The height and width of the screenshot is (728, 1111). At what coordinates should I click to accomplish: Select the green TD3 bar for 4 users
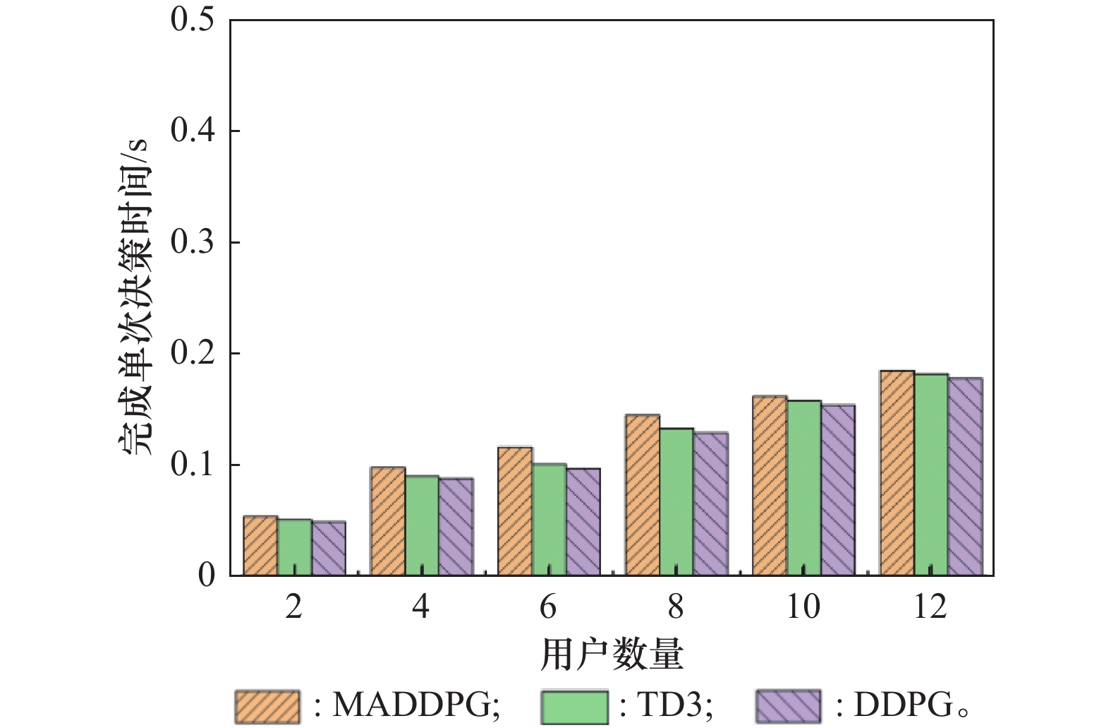tap(422, 526)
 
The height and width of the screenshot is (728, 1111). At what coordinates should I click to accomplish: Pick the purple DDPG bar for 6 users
tap(583, 522)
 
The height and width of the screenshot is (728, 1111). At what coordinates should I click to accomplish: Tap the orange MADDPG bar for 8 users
tap(643, 495)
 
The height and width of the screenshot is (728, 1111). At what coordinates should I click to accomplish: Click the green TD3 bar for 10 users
tap(804, 488)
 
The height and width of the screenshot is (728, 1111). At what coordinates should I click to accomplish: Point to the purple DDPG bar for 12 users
tap(966, 477)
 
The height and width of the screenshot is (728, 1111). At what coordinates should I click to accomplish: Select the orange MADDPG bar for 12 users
tap(897, 473)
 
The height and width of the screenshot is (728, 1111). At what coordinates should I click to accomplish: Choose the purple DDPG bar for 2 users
tap(329, 549)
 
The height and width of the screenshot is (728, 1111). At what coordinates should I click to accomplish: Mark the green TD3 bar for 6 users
tap(550, 520)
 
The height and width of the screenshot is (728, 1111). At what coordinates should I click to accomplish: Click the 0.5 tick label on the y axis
tap(192, 20)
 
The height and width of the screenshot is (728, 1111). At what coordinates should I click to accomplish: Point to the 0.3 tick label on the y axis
tap(192, 242)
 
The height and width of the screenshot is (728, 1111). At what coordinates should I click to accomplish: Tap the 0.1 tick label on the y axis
tap(192, 465)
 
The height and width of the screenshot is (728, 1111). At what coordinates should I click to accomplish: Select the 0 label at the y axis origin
tap(206, 575)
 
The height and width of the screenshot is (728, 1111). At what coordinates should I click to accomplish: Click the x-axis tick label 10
tap(803, 607)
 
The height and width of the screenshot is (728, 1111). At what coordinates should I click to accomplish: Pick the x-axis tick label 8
tap(676, 607)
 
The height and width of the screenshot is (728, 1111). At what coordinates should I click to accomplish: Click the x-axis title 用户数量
tap(612, 655)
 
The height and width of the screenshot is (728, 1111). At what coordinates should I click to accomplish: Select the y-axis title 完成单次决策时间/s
tap(134, 297)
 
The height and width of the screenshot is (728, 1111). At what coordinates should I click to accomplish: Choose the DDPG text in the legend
tap(903, 705)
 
